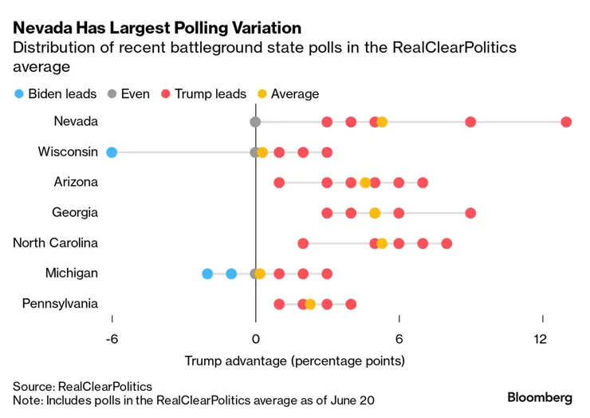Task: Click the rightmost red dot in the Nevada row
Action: coord(566,122)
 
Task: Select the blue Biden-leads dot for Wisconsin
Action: coord(112,152)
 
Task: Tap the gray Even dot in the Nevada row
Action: coord(255,122)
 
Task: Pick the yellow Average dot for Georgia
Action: coord(375,213)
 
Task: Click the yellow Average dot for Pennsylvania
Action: coord(310,304)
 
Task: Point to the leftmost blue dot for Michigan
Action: coord(207,274)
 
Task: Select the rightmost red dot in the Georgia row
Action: coord(470,213)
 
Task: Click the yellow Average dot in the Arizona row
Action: coord(365,183)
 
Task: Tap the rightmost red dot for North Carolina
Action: coord(446,243)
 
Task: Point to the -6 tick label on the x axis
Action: coord(112,339)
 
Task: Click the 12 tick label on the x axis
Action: coord(541,339)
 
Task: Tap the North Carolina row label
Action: coord(55,243)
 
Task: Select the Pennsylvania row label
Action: coord(60,303)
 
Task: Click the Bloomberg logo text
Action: coord(540,396)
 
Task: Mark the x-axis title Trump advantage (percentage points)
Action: coord(294,361)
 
